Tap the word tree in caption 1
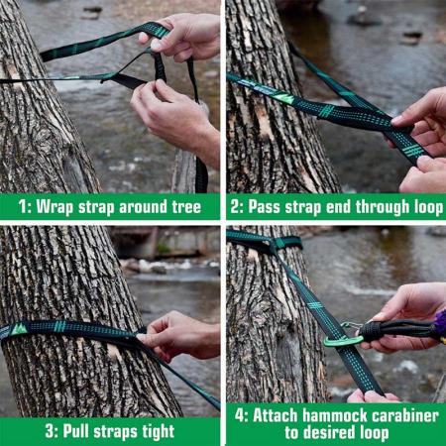(x=196, y=207)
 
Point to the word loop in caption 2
(x=421, y=207)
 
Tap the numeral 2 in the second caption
(x=236, y=207)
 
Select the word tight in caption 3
(x=153, y=432)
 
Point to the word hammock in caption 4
(x=332, y=415)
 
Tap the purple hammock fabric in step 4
(x=439, y=324)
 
